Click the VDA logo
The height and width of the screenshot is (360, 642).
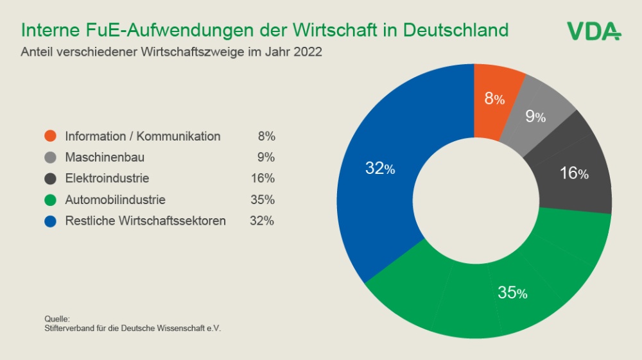tap(593, 31)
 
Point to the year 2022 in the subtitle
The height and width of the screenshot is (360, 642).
tap(308, 52)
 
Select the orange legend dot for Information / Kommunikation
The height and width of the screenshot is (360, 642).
tap(51, 136)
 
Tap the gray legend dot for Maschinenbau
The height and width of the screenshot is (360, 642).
tap(51, 157)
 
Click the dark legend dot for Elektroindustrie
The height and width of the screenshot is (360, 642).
tap(51, 178)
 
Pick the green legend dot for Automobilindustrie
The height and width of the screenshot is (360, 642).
tap(51, 200)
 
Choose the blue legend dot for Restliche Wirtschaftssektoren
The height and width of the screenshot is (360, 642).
tap(51, 221)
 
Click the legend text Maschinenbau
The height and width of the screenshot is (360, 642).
tap(105, 157)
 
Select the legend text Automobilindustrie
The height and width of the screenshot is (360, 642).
tap(115, 200)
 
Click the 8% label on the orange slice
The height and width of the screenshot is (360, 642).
tap(494, 99)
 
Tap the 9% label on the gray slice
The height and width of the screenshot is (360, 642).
tap(535, 117)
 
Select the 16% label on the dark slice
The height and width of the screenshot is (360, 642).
tap(574, 173)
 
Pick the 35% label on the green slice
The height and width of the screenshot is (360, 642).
tap(512, 293)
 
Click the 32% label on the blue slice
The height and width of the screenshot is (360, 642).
tap(380, 169)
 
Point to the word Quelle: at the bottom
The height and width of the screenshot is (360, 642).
tap(56, 319)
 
